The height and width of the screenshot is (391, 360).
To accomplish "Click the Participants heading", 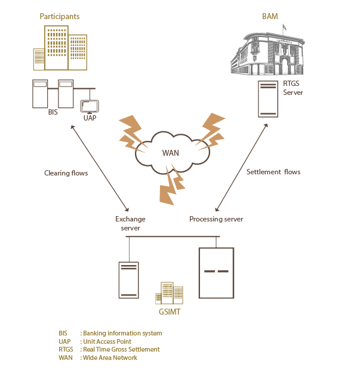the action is point(60,17).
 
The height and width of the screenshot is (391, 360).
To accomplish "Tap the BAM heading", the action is point(270,17).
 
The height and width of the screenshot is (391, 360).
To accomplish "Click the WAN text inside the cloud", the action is point(171,153).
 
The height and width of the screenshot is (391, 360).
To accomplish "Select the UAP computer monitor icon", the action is point(90,106).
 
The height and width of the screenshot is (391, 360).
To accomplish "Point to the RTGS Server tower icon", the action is point(268,98).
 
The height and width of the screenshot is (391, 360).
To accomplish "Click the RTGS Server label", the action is point(293,88).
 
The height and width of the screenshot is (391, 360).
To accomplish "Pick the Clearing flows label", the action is point(66,173).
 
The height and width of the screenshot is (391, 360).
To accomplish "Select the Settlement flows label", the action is point(273,172).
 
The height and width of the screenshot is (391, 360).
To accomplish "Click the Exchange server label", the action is point(130,223).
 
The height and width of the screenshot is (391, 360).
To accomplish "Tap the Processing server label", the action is point(216,219).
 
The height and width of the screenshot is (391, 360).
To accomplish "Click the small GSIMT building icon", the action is point(170,293).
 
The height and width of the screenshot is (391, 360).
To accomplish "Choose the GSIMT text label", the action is point(170,312).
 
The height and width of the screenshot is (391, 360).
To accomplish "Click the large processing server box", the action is point(216,273).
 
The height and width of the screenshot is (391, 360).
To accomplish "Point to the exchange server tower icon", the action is point(128,280).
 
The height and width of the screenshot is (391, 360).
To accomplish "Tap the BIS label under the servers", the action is point(53,112).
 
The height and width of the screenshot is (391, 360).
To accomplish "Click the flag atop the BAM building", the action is point(284,27).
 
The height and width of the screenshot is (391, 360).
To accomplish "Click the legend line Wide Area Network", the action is point(98,358).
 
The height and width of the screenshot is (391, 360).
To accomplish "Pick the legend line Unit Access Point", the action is point(95,341).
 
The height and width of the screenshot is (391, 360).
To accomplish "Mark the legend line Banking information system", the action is point(110,334).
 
